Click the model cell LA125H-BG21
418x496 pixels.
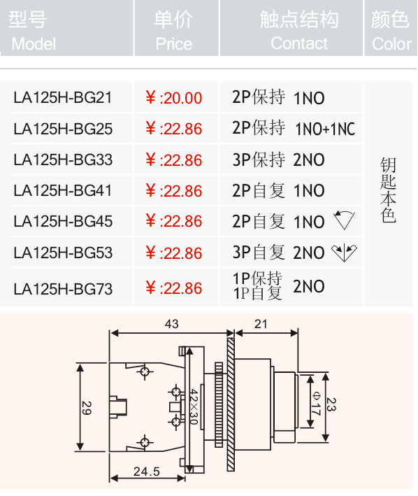click(62, 97)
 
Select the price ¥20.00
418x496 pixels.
click(173, 98)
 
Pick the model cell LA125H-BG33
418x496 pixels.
click(63, 160)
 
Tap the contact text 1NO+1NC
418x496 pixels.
click(325, 129)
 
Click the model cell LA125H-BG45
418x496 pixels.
click(63, 221)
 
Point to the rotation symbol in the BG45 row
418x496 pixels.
click(344, 220)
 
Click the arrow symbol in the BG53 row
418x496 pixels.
click(344, 253)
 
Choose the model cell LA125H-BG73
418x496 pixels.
click(63, 289)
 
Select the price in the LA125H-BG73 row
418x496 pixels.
click(173, 288)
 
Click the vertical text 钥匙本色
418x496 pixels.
click(388, 190)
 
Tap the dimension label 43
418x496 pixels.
click(171, 324)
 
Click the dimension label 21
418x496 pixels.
click(261, 324)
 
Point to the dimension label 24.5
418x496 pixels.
click(147, 472)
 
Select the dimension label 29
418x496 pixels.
click(87, 408)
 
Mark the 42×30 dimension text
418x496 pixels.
click(194, 406)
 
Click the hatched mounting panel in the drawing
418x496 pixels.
click(231, 404)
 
